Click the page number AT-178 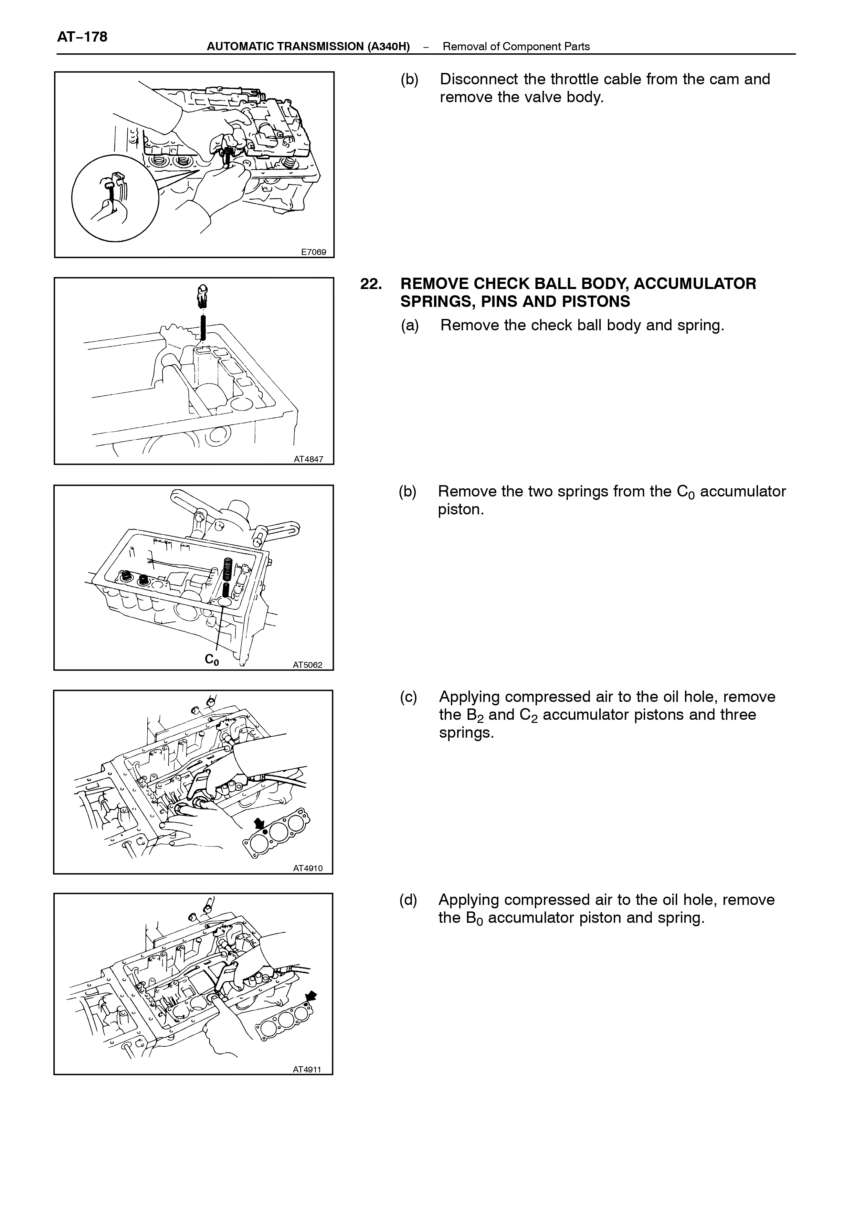(82, 37)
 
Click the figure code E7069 (314, 252)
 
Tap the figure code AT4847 (308, 459)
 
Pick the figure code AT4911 (307, 1069)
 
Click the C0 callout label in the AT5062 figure (212, 659)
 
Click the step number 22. (372, 284)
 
